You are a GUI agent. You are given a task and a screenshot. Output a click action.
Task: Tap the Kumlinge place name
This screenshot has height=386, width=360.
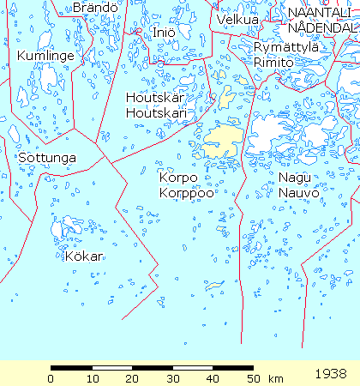coord(45,56)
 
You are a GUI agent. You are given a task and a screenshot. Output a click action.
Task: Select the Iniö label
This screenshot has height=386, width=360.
coord(164,32)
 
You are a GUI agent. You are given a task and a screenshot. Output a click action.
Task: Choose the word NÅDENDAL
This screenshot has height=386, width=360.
coord(322,27)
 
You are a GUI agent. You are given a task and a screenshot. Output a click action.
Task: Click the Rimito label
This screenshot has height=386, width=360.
coord(273,63)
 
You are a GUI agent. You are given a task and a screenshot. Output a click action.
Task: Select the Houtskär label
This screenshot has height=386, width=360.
coord(155,97)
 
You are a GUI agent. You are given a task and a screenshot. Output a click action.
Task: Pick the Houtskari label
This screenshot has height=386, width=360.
coord(157,113)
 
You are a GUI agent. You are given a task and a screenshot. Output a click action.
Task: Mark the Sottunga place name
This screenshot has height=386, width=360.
coord(46,159)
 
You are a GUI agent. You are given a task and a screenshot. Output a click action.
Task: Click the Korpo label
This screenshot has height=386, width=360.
coord(178,177)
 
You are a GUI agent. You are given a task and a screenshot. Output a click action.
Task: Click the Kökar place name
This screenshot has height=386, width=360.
coord(83,256)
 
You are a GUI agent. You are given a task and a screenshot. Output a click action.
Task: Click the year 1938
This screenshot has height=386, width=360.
coord(331,374)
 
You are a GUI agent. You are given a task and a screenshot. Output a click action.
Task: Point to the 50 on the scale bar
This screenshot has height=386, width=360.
coord(252,378)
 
